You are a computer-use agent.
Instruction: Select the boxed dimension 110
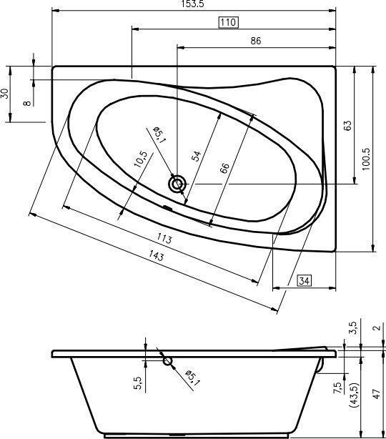click(x=227, y=23)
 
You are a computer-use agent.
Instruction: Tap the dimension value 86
click(x=255, y=41)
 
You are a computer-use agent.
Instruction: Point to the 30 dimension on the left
click(x=6, y=94)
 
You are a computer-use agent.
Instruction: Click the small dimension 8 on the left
click(x=28, y=102)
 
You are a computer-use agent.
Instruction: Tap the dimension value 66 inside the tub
click(x=225, y=169)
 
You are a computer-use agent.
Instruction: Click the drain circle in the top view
click(x=177, y=184)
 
